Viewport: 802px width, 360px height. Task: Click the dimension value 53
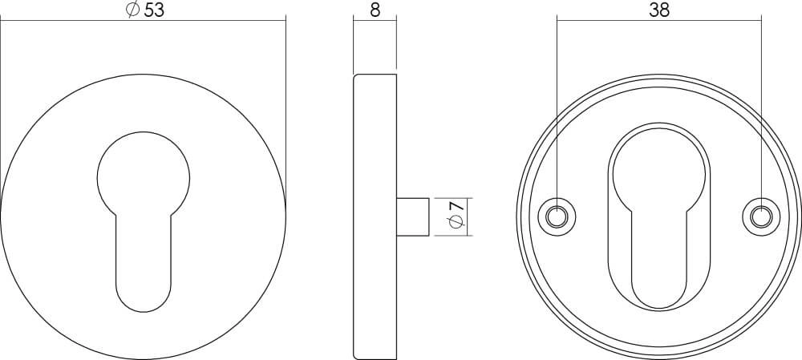[x=154, y=10]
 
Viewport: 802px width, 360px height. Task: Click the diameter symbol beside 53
[x=132, y=10]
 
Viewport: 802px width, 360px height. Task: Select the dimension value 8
[x=375, y=10]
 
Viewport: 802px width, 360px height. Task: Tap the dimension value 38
[x=659, y=10]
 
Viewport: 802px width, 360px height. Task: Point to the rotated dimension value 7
[x=456, y=207]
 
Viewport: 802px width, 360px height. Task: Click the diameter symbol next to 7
[x=456, y=222]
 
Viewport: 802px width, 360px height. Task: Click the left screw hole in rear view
[x=557, y=216]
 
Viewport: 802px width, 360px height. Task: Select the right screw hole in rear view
[x=761, y=216]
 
